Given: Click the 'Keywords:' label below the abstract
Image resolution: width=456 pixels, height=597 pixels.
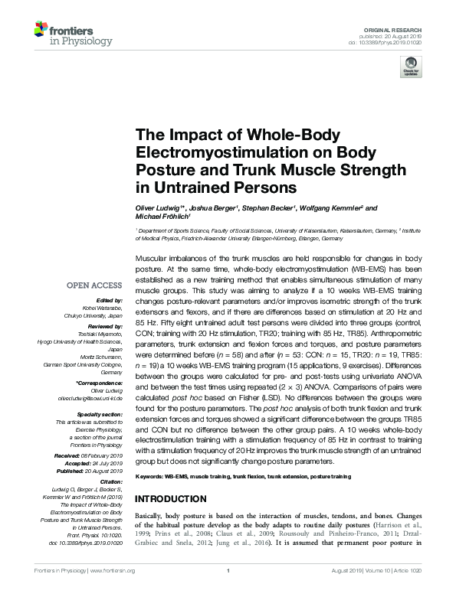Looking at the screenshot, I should (x=150, y=477).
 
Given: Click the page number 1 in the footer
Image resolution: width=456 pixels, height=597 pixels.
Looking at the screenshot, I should (x=228, y=571).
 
